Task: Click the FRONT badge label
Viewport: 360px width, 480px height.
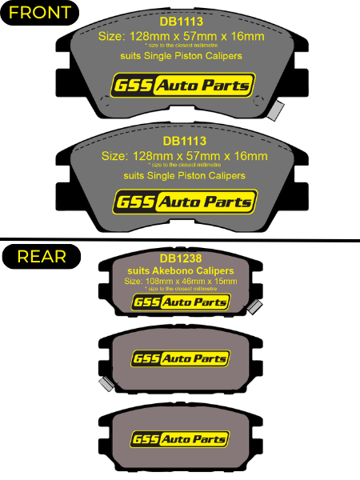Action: click(x=40, y=13)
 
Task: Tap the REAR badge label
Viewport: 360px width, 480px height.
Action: click(x=42, y=257)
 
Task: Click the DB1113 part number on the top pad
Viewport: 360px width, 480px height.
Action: click(x=182, y=22)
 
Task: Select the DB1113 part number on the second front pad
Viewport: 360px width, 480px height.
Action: click(x=185, y=141)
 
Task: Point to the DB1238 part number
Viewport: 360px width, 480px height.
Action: click(x=181, y=258)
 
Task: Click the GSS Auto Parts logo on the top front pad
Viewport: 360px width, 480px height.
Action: click(x=183, y=85)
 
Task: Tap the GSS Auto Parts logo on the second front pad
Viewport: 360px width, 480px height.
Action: click(x=186, y=202)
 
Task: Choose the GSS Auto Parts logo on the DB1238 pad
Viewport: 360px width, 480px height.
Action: click(x=181, y=302)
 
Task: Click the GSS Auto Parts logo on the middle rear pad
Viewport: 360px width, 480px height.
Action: click(x=181, y=358)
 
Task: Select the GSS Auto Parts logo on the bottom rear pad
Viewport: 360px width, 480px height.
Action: click(x=180, y=439)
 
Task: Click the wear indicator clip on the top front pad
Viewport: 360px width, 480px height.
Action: click(x=275, y=110)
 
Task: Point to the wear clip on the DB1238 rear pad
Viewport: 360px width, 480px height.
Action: click(x=254, y=307)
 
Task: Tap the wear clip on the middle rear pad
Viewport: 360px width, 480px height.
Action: click(x=107, y=384)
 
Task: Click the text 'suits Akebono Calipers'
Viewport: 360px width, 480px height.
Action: click(x=181, y=270)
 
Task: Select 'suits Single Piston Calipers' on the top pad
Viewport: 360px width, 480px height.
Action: click(x=182, y=56)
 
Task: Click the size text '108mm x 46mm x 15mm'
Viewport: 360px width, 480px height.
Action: click(x=191, y=282)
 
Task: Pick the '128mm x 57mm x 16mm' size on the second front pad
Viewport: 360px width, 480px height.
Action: click(x=200, y=156)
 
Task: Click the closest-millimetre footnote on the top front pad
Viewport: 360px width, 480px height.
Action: click(x=182, y=46)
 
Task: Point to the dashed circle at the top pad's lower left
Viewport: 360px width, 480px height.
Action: click(x=105, y=101)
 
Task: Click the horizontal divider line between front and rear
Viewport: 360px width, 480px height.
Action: click(x=180, y=240)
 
